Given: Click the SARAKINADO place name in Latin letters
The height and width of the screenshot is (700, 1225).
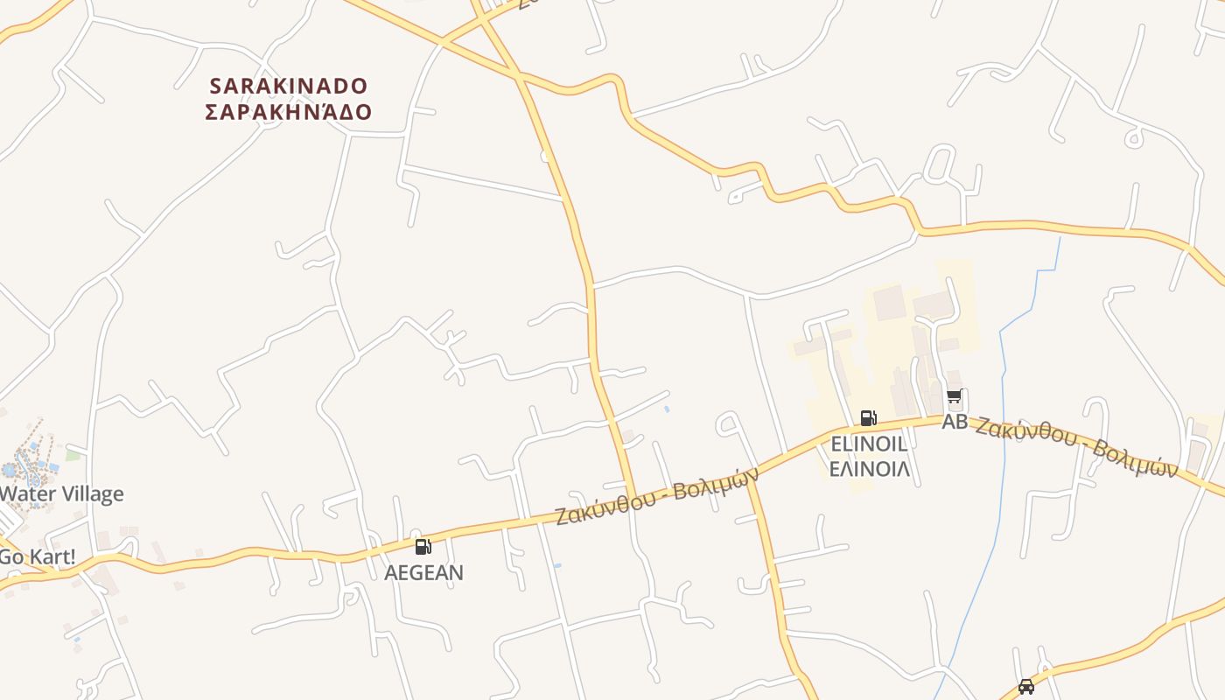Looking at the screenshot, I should coord(289,86).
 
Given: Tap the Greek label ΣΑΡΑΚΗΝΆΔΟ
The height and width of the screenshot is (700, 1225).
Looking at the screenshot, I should coord(289,112).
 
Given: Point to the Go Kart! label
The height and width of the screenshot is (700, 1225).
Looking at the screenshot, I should coord(37,556).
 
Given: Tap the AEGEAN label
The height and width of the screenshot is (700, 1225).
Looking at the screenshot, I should coord(424,572).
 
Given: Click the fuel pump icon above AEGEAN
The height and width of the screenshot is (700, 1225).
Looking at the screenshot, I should coord(423,548).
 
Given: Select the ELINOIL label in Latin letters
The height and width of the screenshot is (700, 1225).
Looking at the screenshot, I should coord(869,444).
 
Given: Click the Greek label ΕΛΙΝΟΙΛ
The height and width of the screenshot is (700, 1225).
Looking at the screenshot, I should coord(869,469).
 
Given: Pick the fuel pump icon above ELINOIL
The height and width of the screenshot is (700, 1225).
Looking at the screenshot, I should coord(868,418).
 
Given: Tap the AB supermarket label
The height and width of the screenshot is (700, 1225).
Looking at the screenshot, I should coord(955,422).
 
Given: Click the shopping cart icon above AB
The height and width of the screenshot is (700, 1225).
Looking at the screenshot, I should coord(955,397).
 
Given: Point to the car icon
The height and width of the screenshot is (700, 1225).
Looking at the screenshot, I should coord(1026,687).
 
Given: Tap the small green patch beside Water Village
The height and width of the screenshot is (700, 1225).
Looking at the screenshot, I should coord(73,454).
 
